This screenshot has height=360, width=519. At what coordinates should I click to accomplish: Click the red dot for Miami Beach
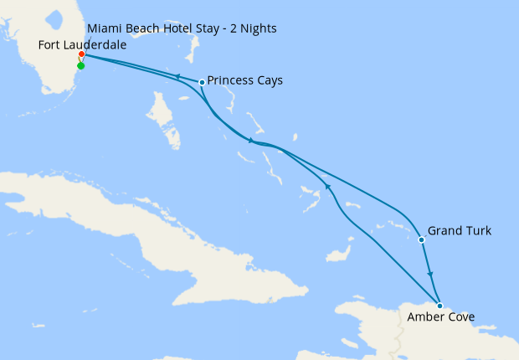click(81, 54)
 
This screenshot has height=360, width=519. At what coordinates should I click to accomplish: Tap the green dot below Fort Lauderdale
click(80, 65)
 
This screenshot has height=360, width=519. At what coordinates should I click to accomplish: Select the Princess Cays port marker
click(202, 82)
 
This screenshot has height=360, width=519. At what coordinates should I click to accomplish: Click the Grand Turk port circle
click(421, 240)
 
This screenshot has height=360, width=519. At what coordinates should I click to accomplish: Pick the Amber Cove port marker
click(439, 306)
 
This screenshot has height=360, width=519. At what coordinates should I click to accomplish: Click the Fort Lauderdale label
click(83, 45)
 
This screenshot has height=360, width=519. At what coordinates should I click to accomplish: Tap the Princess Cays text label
click(244, 81)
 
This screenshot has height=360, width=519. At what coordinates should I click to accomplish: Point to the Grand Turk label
click(459, 230)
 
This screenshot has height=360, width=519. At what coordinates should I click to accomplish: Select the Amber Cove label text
click(440, 317)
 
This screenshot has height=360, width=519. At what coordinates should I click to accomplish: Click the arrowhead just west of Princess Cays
click(177, 77)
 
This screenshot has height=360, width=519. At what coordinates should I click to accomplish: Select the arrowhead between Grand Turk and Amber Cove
click(430, 275)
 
